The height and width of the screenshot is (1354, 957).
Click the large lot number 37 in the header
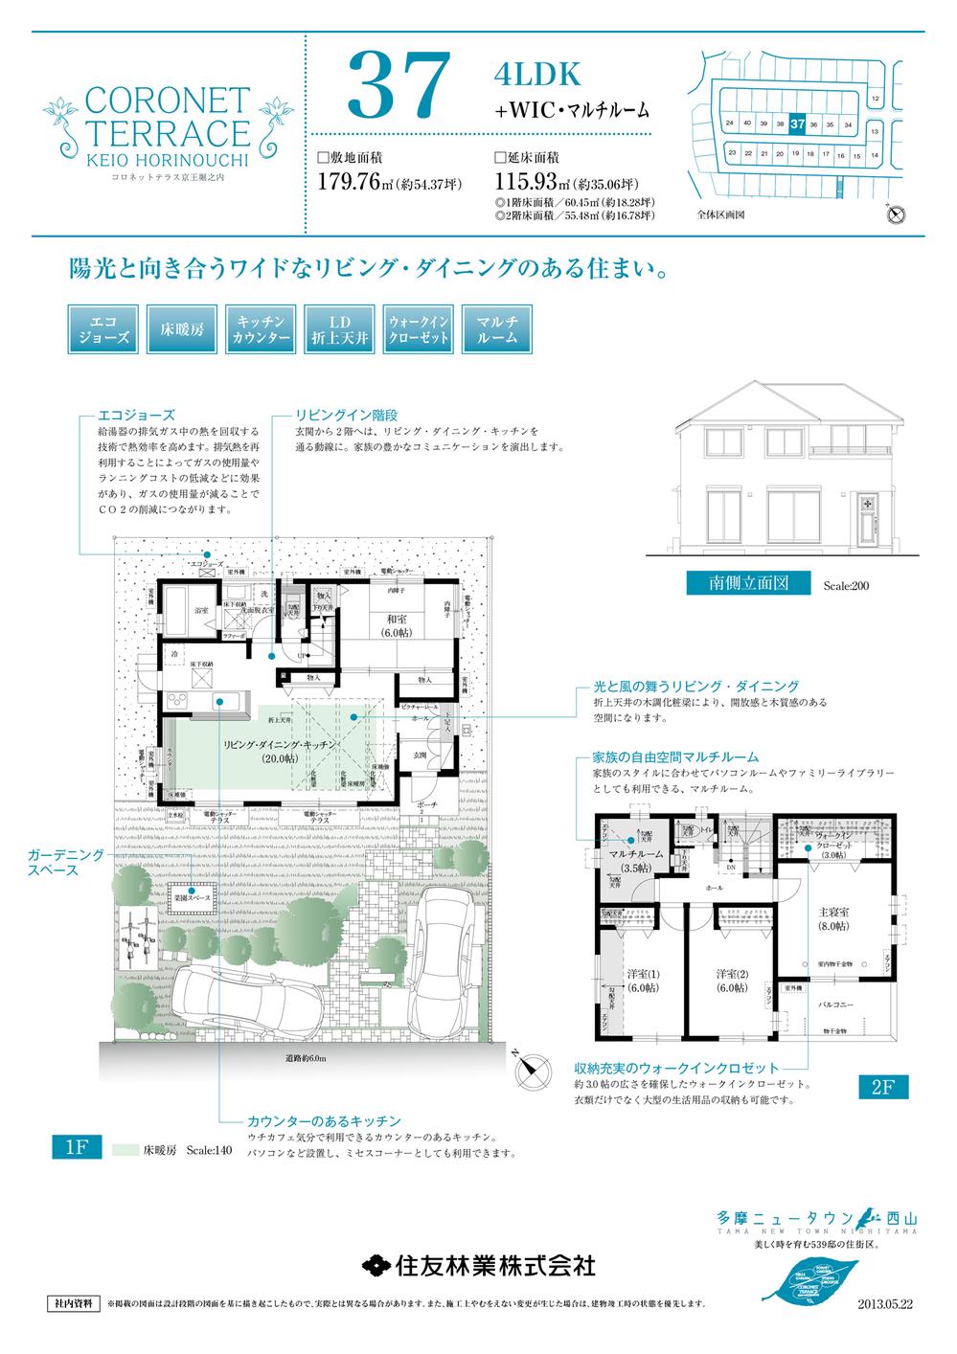pyautogui.click(x=399, y=85)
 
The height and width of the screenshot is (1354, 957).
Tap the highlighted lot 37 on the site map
pyautogui.click(x=797, y=124)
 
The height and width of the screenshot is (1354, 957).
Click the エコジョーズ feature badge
pyautogui.click(x=104, y=329)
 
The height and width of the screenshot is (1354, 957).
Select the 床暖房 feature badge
pyautogui.click(x=183, y=329)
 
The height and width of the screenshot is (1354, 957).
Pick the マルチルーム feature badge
pyautogui.click(x=496, y=329)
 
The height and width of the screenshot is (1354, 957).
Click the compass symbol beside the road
pyautogui.click(x=532, y=1070)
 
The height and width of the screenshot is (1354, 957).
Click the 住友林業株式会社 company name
pyautogui.click(x=479, y=1264)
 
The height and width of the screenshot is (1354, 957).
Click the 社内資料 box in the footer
pyautogui.click(x=72, y=1303)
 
